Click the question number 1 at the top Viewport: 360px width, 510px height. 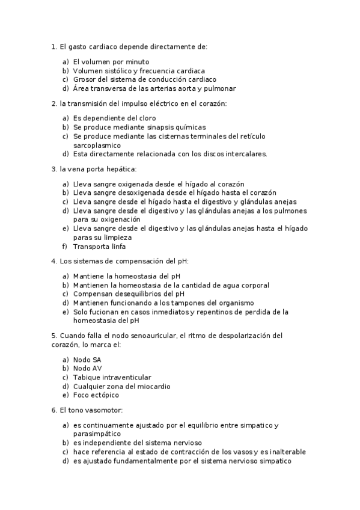[54, 46]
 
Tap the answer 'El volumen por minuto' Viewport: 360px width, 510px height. [111, 61]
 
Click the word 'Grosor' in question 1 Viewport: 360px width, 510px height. [85, 79]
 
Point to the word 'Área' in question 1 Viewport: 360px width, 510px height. [82, 88]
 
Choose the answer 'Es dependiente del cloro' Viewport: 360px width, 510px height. [114, 118]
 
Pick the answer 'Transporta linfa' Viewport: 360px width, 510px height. [99, 246]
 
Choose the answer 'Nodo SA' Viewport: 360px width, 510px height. [87, 359]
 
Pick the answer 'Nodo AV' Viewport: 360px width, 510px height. [87, 368]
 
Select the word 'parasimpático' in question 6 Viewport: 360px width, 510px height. [97, 433]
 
